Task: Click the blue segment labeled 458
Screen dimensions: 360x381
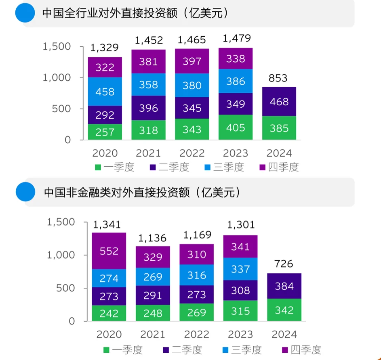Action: click(x=105, y=92)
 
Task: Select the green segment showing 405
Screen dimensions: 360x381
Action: click(x=236, y=128)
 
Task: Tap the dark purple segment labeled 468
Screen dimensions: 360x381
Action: click(x=279, y=102)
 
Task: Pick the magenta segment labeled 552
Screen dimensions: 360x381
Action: click(x=109, y=251)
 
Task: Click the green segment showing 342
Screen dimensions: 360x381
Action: click(x=284, y=310)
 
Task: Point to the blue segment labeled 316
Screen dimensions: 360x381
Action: click(x=196, y=275)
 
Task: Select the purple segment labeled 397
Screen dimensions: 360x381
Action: click(x=192, y=61)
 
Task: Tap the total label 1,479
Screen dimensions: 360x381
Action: click(x=237, y=38)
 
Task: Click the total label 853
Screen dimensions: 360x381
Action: click(x=278, y=78)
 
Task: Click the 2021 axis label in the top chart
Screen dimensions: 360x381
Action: click(x=148, y=153)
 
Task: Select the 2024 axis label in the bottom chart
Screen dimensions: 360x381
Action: click(x=284, y=335)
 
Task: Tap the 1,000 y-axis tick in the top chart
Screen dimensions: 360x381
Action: click(x=57, y=77)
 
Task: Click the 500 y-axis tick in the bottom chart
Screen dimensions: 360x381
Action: click(x=66, y=288)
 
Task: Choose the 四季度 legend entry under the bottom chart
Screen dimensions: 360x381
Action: click(x=301, y=350)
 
